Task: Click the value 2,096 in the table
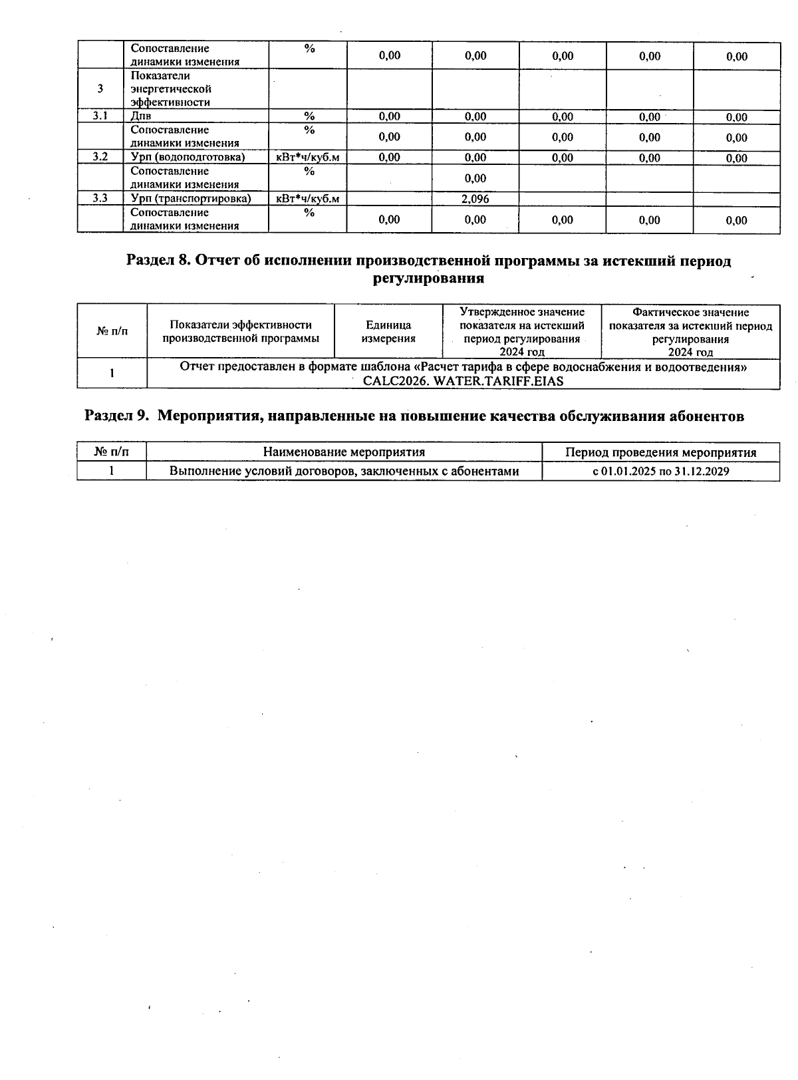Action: click(475, 199)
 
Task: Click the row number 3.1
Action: click(100, 116)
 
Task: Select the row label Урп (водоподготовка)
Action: click(188, 158)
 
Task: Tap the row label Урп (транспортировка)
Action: click(190, 199)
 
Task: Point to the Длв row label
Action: click(141, 116)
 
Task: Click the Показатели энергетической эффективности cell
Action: click(170, 89)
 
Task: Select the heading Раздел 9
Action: click(414, 416)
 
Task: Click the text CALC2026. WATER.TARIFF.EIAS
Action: click(463, 381)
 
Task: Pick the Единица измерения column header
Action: click(388, 332)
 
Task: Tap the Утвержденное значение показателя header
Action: click(522, 332)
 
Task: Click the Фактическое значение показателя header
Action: click(690, 332)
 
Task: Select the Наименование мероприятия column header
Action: click(344, 452)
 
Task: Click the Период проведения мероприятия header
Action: click(660, 452)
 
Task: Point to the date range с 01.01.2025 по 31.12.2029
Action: click(660, 472)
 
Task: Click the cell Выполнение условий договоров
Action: click(344, 472)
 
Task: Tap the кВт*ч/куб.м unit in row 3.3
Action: click(307, 199)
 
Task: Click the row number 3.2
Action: click(100, 158)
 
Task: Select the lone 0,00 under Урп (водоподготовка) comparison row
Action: click(475, 178)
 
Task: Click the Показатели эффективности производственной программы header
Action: click(240, 332)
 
